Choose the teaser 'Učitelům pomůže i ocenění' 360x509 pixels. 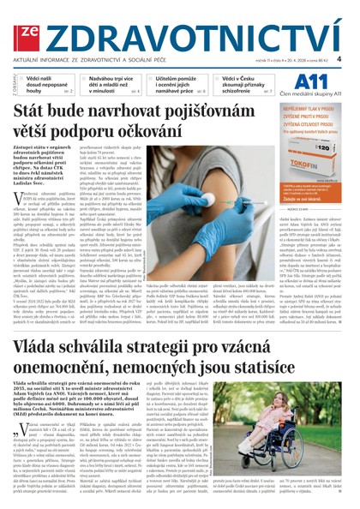[177, 83]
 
